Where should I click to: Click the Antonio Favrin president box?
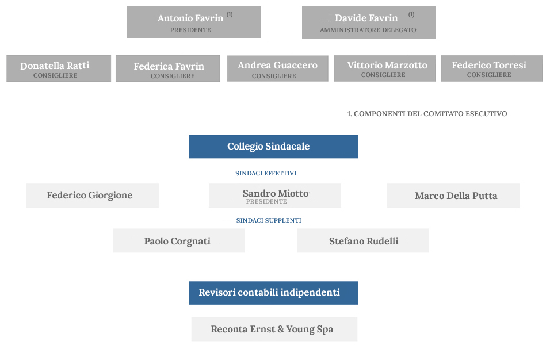point(193,22)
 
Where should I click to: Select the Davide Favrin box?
point(369,22)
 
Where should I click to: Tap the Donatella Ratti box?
point(59,68)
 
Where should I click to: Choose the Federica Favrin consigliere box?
point(168,68)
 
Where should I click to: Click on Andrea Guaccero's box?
point(278,68)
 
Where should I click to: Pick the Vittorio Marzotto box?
point(385,68)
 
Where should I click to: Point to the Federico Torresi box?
point(492,68)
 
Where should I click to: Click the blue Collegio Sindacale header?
point(273,147)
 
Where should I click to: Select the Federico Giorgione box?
point(93,196)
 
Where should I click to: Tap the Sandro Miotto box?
point(275,196)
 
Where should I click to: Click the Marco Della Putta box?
point(453,196)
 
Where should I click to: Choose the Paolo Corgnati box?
point(179,241)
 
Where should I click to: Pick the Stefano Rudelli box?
point(363,241)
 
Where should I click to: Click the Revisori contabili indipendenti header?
point(273,293)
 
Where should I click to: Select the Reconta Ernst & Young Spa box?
point(274,330)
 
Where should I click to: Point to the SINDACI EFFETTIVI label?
point(266,173)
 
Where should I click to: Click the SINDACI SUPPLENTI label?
point(269,220)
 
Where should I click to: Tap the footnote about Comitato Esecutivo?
point(427,113)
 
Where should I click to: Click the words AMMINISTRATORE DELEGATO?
point(368,30)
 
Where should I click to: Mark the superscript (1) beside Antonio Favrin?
point(230,14)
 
